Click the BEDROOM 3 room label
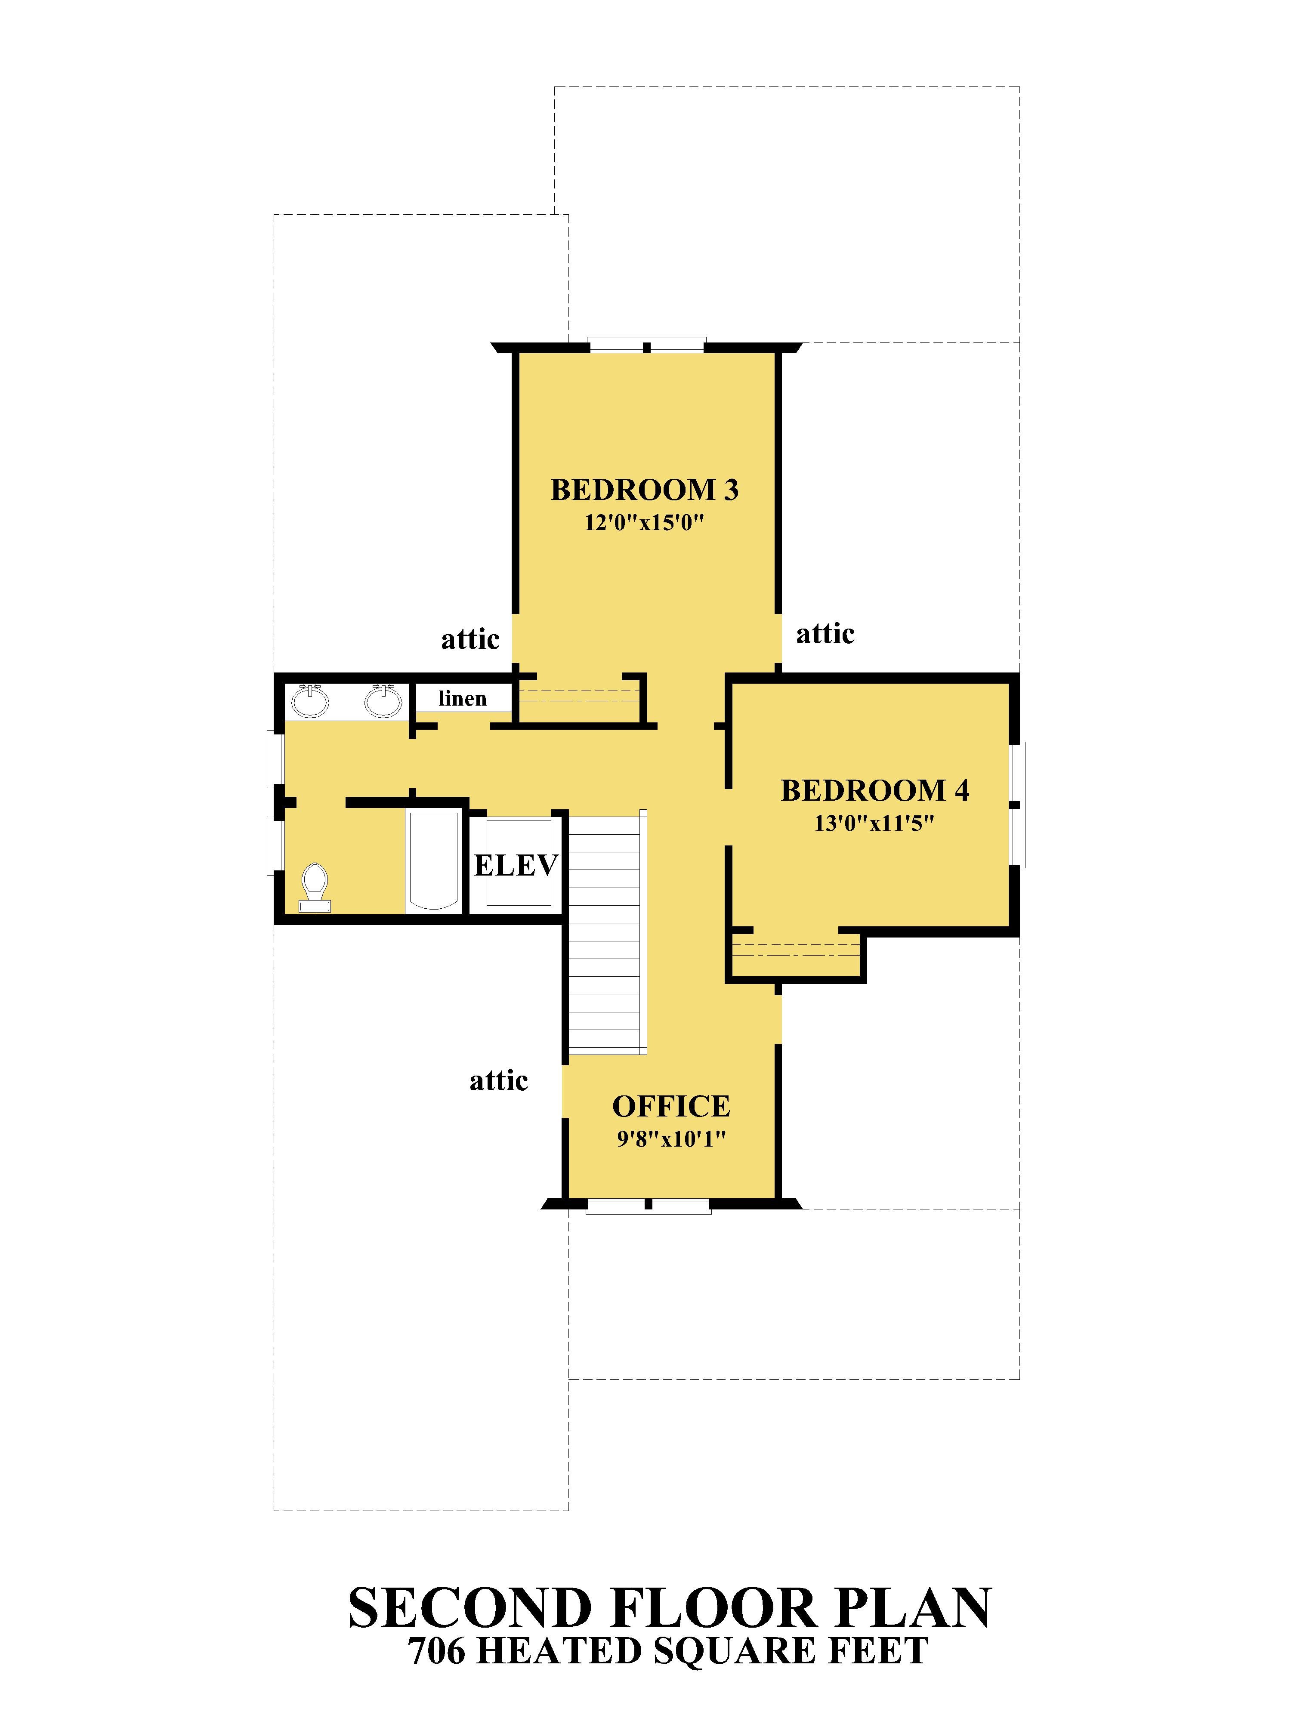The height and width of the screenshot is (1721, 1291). [x=644, y=489]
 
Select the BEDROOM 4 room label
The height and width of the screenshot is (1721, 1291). [x=875, y=790]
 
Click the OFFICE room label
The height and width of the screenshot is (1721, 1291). [x=671, y=1106]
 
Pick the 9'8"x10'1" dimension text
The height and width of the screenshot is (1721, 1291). [x=671, y=1139]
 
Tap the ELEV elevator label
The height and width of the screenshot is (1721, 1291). [x=516, y=865]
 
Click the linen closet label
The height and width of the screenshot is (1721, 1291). [x=462, y=699]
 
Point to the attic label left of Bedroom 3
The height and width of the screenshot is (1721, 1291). [x=470, y=639]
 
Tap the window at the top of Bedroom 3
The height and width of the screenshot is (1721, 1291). [x=646, y=345]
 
